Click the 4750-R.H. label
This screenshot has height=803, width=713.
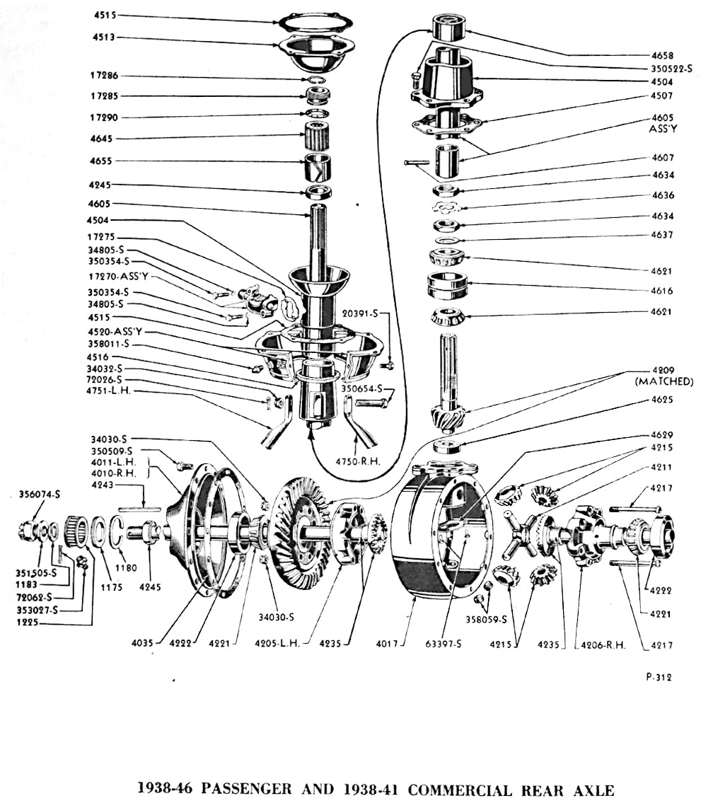tap(359, 461)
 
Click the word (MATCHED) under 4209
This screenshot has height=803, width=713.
tap(664, 381)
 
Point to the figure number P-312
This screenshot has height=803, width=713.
tap(659, 677)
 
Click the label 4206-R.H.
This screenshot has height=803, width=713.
tap(597, 645)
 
